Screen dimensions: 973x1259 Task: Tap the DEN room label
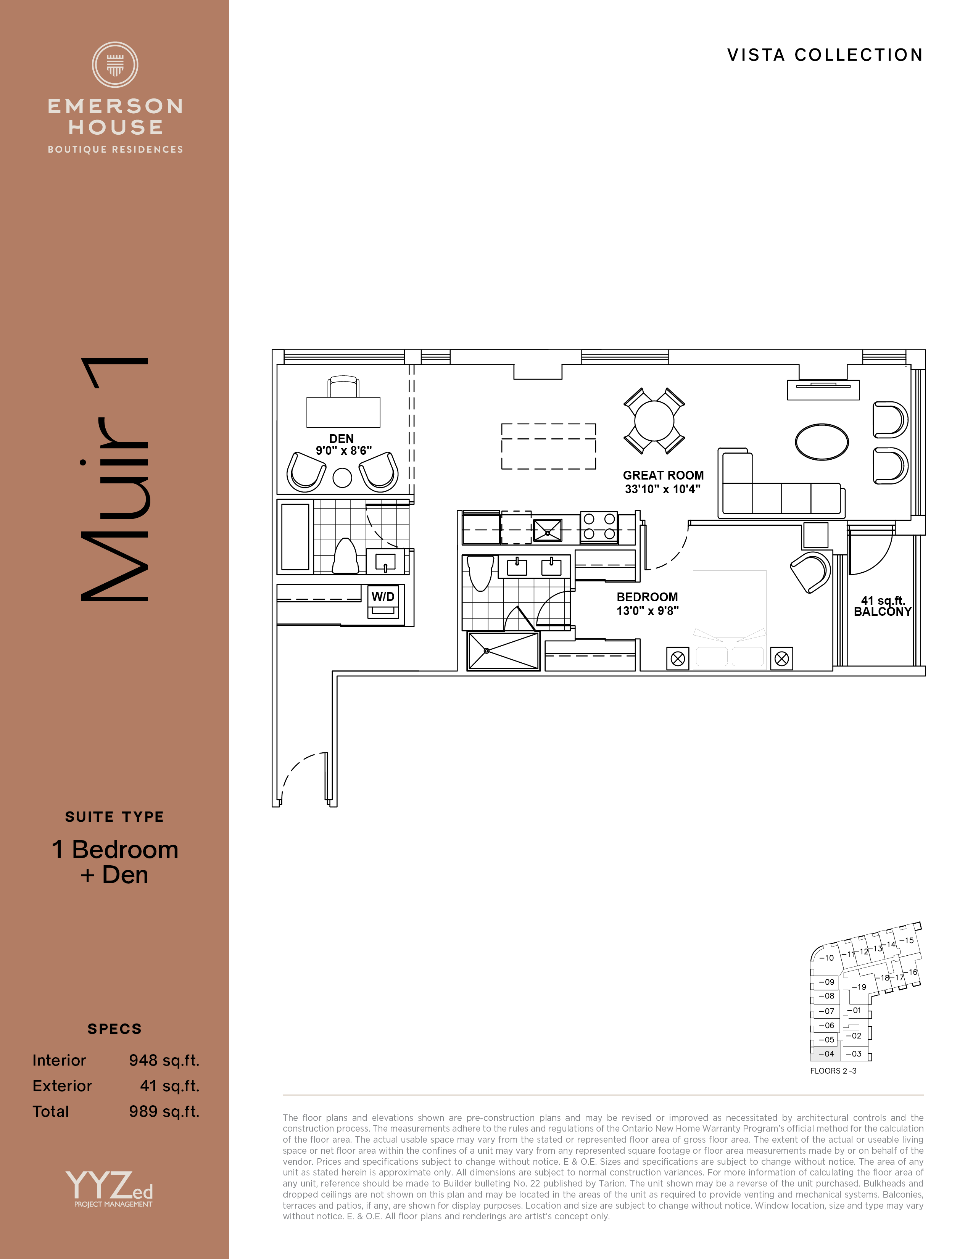click(x=341, y=439)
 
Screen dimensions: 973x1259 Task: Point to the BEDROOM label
click(x=647, y=597)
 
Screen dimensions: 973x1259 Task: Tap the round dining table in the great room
click(x=654, y=420)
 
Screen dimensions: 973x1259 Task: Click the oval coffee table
click(x=822, y=441)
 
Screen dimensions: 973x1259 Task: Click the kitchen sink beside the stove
click(x=547, y=530)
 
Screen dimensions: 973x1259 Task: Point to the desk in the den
click(x=343, y=412)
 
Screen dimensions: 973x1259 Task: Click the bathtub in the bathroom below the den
click(x=295, y=537)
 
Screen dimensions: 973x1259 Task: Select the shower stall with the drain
click(x=504, y=651)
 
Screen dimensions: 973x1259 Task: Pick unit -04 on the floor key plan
click(x=825, y=1053)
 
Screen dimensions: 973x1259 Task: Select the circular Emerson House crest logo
click(x=115, y=64)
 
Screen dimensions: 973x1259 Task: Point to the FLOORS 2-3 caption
click(x=833, y=1071)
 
